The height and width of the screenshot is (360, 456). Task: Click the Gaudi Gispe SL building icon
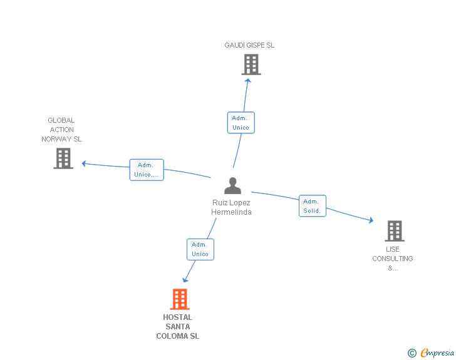pos(251,64)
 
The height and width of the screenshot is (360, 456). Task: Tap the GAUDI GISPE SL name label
pos(249,45)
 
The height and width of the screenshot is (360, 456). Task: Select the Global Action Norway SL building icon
pos(63,158)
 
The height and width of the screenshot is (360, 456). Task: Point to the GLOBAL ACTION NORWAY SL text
pos(61,130)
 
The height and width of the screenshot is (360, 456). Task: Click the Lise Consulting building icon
pos(394,231)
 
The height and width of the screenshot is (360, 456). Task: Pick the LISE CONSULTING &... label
pos(393,259)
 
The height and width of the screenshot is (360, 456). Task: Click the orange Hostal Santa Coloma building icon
pos(180,299)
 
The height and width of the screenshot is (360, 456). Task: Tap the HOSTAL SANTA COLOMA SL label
pos(178,327)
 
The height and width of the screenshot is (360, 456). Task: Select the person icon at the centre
pos(232,185)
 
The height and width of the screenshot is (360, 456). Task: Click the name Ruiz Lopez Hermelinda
pos(231,207)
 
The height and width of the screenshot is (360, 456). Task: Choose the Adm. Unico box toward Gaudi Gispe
pos(241,123)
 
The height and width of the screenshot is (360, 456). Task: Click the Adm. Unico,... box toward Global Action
pos(147,170)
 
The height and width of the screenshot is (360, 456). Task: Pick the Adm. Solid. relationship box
pos(312,206)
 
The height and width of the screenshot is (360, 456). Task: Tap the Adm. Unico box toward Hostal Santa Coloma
pos(200,249)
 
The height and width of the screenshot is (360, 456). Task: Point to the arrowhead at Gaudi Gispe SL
pos(248,80)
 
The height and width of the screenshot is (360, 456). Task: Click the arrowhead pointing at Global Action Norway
pos(84,164)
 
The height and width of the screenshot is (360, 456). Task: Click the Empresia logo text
pos(437,353)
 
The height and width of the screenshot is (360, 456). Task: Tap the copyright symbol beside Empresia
pos(412,354)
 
